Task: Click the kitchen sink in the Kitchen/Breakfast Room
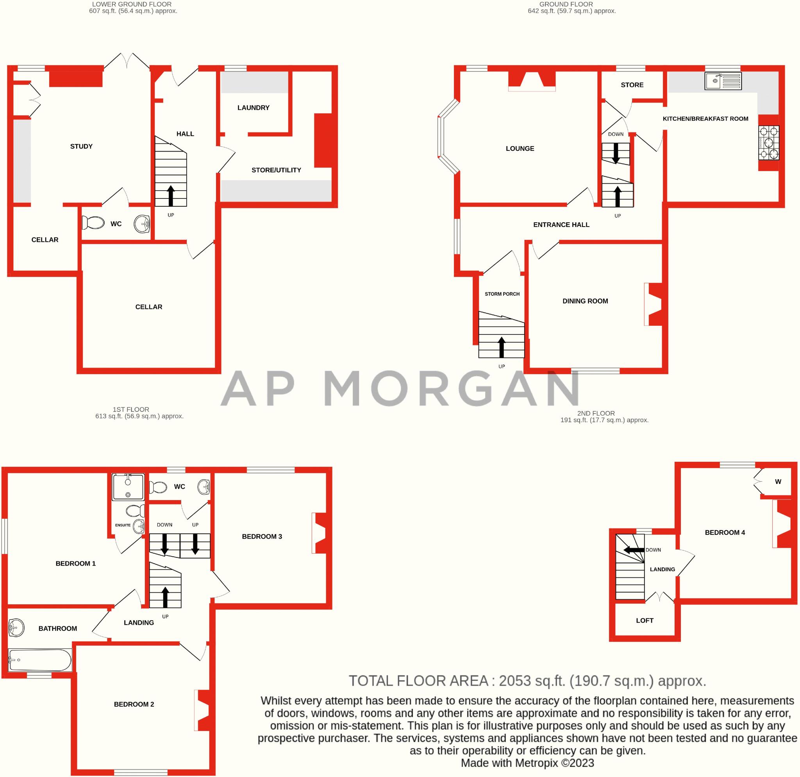click(x=723, y=81)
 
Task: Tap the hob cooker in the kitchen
click(x=769, y=143)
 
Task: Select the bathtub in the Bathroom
click(x=39, y=660)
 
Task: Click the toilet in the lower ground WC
click(x=93, y=223)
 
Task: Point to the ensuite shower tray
click(x=128, y=486)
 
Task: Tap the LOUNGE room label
click(x=520, y=148)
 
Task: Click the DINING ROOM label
click(x=585, y=301)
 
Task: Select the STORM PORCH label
click(x=502, y=294)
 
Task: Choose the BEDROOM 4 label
click(x=725, y=532)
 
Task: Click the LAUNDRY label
click(x=253, y=108)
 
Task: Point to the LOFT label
click(x=645, y=621)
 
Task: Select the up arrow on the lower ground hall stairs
click(x=171, y=195)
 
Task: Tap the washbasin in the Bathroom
click(x=16, y=628)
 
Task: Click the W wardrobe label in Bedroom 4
click(x=778, y=482)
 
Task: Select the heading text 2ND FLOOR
click(x=596, y=413)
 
